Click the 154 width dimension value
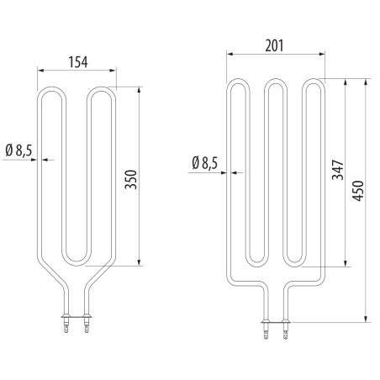point(77,62)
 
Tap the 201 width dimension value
point(273,46)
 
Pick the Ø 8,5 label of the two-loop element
point(18,150)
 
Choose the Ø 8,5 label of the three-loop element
point(205,162)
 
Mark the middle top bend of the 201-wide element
point(274,83)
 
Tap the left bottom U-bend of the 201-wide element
point(256,261)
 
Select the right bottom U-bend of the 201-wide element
point(293,261)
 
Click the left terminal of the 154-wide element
point(64,323)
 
